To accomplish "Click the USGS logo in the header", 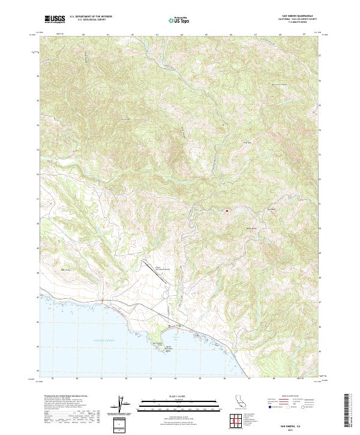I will pos(55,19).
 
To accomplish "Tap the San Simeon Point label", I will pos(158,343).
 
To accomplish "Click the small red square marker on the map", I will pos(227,211).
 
